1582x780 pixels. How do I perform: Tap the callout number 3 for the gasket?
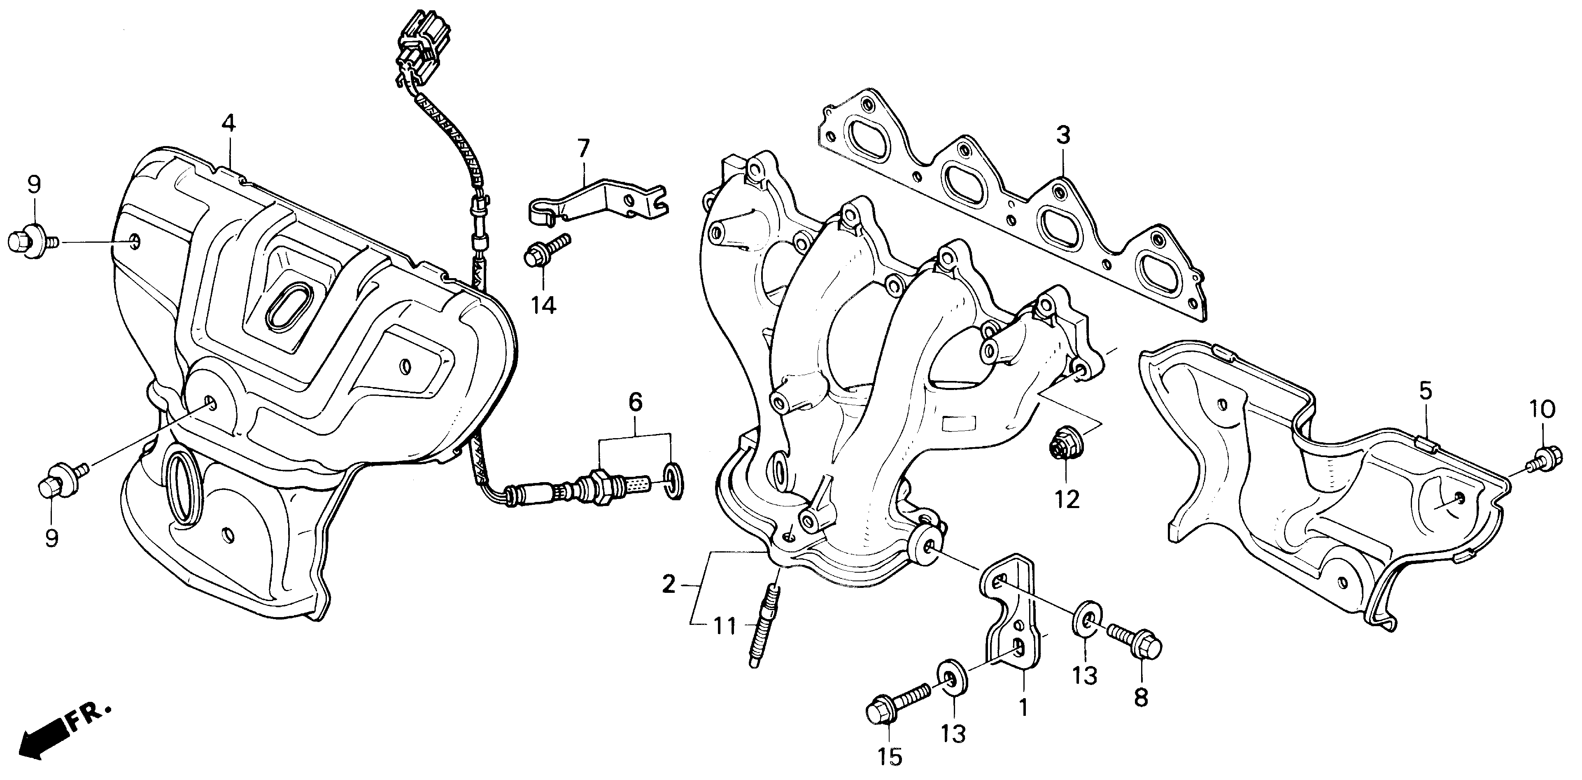pos(1063,135)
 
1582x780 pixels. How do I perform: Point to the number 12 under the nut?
pos(1067,499)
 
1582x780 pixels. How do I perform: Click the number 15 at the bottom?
pos(890,758)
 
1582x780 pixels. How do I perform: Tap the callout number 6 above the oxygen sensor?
pos(635,403)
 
